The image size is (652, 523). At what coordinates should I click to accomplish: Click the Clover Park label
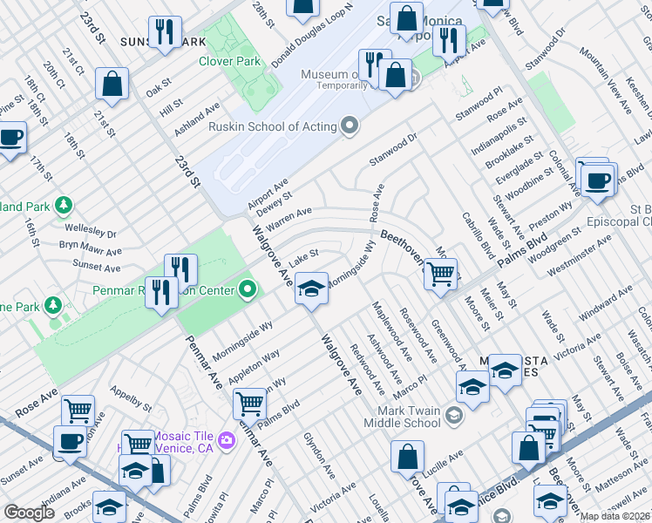[x=230, y=62]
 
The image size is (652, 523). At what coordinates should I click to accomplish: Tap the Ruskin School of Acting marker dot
[x=350, y=126]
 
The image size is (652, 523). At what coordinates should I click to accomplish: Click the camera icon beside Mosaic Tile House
[x=227, y=438]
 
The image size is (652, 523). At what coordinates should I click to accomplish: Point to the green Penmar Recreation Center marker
[x=248, y=289]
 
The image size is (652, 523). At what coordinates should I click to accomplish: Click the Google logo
[x=29, y=512]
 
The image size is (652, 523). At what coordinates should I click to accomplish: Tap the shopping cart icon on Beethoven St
[x=442, y=275]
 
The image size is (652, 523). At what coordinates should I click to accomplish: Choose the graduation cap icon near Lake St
[x=311, y=288]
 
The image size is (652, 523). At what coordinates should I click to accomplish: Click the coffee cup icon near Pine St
[x=10, y=139]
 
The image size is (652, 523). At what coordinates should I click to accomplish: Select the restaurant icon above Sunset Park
[x=163, y=32]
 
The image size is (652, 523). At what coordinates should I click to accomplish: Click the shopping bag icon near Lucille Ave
[x=407, y=456]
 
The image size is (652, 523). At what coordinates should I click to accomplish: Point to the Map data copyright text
[x=614, y=516]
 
